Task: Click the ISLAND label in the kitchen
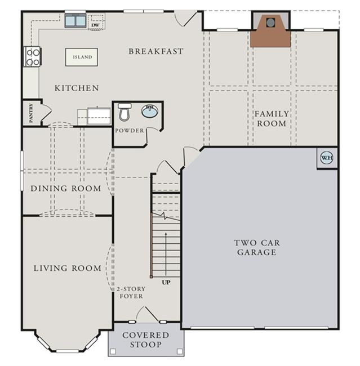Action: pos(82,57)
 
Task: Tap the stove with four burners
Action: pos(33,56)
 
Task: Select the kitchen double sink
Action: pos(75,20)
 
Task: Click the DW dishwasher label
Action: pos(95,25)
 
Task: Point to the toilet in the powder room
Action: pos(125,112)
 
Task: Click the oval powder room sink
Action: pos(149,111)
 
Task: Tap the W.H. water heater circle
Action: pos(327,158)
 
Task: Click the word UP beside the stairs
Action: pos(166,283)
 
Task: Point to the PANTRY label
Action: pos(31,113)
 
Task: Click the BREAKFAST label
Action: pos(156,51)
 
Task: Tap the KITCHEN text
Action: pos(77,88)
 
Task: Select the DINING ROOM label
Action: pos(66,189)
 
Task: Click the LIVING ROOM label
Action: pos(68,268)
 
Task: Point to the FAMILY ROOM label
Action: pos(272,119)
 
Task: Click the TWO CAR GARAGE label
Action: pos(257,247)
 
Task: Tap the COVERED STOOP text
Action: pos(146,340)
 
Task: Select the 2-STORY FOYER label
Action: pos(131,292)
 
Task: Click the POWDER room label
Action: pos(130,131)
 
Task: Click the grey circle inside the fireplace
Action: pos(270,23)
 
